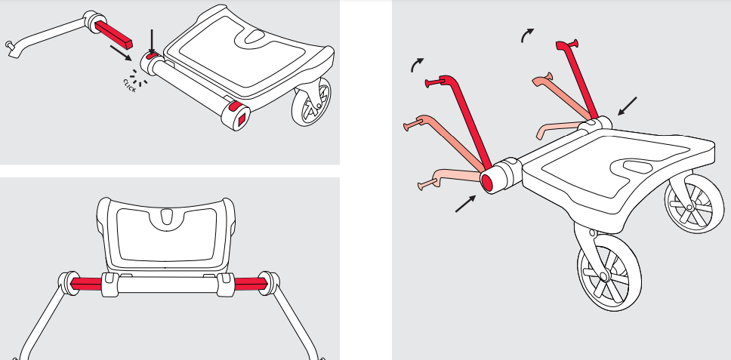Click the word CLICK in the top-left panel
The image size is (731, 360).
coord(130,86)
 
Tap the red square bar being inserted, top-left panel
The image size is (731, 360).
coord(114,34)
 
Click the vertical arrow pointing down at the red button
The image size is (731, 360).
coord(151,42)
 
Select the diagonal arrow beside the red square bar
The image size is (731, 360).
coord(121,53)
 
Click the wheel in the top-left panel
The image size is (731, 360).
coord(311,102)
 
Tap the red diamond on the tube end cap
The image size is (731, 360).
coord(242,121)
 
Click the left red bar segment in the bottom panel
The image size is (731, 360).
coord(86,284)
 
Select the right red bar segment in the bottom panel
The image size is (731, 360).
coord(251,284)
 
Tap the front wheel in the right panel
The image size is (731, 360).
coord(609,272)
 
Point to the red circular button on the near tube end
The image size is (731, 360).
coord(487,183)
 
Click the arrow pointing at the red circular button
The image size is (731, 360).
coord(465,204)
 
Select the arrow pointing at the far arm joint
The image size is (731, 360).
coord(627,106)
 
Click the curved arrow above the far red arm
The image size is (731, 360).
coord(527,35)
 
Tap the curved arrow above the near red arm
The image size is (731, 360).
coord(418,65)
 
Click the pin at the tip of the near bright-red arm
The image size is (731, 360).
coord(433,83)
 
